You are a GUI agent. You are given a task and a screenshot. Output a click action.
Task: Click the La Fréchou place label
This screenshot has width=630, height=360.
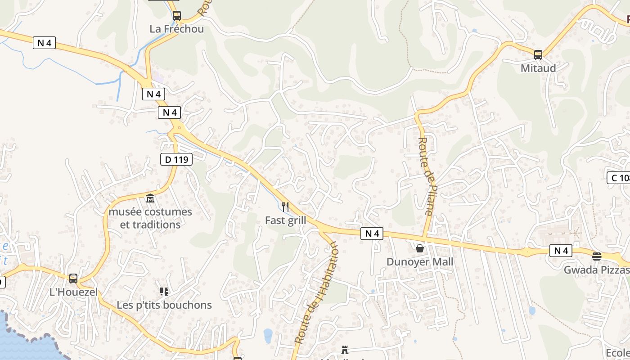pos(176,29)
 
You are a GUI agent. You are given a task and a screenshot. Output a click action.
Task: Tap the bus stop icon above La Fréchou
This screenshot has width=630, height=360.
pos(177,16)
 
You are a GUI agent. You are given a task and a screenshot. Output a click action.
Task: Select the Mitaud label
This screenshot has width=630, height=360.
pos(538,68)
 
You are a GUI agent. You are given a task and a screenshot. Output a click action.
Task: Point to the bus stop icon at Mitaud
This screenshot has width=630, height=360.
pos(538,55)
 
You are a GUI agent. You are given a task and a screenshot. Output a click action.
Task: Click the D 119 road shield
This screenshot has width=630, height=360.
pos(176,159)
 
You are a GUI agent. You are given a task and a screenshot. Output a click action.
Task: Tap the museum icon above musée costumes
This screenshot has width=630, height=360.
pos(150,198)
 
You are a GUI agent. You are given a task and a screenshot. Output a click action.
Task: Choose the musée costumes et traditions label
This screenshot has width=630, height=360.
pos(150,218)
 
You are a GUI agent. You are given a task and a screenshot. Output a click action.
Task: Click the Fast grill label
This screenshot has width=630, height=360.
pos(285,220)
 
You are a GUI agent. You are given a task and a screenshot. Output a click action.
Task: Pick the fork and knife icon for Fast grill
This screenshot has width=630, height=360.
pos(285,207)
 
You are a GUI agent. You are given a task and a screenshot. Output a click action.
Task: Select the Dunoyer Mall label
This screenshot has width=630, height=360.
pos(420,262)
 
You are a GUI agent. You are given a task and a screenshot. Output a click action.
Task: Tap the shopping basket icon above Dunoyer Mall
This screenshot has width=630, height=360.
pos(420,248)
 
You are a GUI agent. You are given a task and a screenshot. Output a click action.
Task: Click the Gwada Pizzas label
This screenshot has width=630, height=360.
pos(596,270)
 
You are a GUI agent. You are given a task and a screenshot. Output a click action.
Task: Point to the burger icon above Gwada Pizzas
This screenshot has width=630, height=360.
pos(597,256)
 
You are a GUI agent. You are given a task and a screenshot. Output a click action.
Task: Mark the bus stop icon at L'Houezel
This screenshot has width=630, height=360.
pos(73,279)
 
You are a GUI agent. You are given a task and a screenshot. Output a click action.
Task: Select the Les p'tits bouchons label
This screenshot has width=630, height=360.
pos(164,305)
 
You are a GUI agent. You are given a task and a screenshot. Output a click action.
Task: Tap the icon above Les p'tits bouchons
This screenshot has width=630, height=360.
pos(164,292)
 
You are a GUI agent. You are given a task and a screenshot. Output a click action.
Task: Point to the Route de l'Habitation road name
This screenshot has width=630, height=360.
pos(316,292)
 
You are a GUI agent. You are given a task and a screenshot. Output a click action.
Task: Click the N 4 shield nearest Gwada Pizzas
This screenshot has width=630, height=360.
pos(561,251)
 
